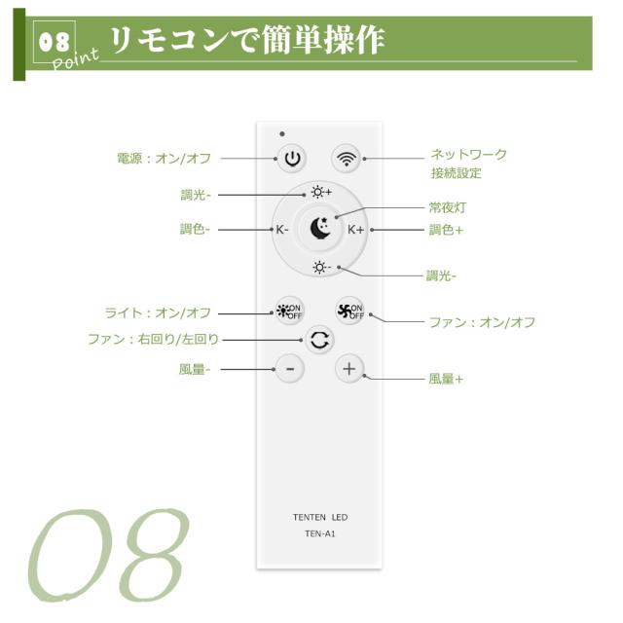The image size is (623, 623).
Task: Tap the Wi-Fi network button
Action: point(347,159)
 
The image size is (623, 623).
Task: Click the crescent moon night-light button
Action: point(320,229)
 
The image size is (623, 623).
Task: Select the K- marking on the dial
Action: point(281,230)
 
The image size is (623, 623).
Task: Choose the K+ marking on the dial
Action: point(355,230)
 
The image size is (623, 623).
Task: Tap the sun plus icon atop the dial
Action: point(321,193)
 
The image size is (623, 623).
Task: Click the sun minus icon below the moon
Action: point(321,268)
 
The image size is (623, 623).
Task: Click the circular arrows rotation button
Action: point(320,340)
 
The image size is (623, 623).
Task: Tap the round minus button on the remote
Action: point(290,369)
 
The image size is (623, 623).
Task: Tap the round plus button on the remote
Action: point(349,369)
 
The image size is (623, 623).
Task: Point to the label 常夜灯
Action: point(448,207)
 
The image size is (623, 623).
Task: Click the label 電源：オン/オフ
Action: point(165,159)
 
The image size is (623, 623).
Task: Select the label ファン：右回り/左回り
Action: point(154,340)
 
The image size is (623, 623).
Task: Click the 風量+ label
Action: point(446,379)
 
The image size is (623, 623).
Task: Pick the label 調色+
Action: point(446,230)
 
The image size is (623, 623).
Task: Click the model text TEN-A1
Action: point(320,534)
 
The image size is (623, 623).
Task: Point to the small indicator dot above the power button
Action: point(282,134)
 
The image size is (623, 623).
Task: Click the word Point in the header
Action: point(75,59)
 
